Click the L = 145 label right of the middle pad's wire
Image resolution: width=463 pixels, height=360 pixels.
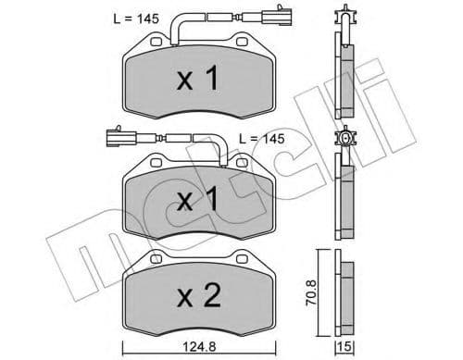click(263, 137)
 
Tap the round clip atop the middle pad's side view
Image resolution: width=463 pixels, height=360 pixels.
click(346, 141)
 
